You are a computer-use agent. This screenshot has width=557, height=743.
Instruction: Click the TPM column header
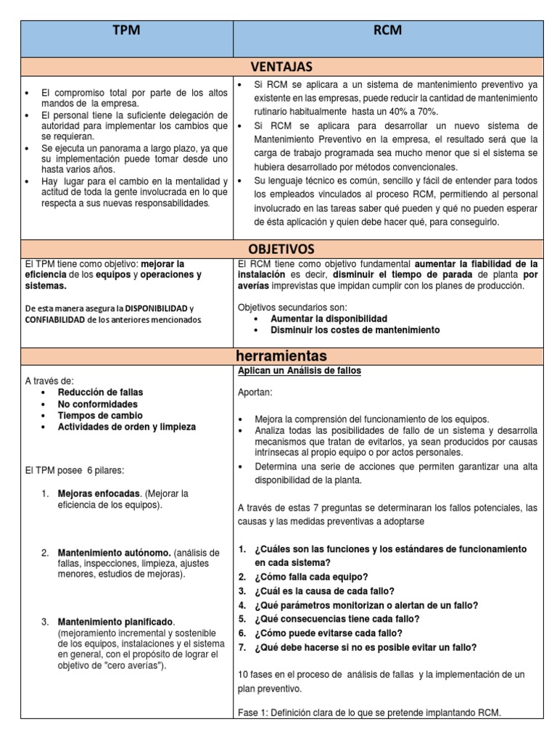point(127,31)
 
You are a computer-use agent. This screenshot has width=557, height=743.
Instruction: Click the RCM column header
point(387,31)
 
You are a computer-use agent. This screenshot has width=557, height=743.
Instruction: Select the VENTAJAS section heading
point(282,67)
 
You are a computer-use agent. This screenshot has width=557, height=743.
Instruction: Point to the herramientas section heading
point(282,356)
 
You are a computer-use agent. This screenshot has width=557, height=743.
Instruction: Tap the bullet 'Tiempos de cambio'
point(94,416)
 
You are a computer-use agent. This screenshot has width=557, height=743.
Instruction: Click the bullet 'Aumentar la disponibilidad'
point(329,319)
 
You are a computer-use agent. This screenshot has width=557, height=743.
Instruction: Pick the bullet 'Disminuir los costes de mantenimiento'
point(355,330)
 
